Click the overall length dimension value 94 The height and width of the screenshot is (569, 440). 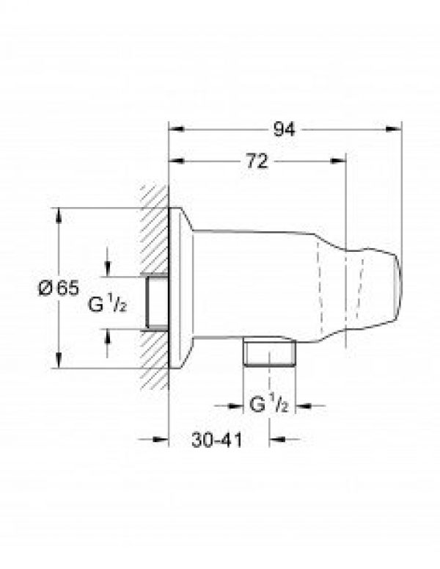284,129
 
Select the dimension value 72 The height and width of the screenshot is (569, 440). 256,163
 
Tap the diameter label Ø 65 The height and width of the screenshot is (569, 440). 58,289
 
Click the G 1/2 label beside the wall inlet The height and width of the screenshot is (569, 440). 109,303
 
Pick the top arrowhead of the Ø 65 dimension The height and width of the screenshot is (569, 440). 58,214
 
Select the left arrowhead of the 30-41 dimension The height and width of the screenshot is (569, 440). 163,441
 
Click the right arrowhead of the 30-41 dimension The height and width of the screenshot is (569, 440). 275,441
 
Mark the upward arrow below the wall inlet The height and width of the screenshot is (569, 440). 109,336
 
